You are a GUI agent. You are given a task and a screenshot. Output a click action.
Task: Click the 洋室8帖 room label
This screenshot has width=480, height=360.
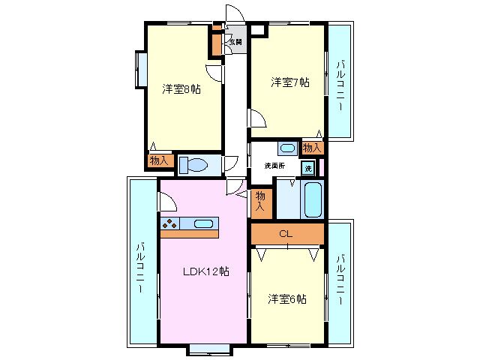(x=181, y=89)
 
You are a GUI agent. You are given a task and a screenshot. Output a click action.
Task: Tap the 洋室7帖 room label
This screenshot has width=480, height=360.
(x=289, y=82)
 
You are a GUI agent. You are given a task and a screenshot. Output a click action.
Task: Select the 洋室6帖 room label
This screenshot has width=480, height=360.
(x=287, y=299)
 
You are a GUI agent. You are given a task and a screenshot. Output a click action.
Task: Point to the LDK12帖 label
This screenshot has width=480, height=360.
(x=205, y=271)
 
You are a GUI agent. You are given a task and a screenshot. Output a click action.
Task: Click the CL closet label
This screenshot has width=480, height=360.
(x=285, y=233)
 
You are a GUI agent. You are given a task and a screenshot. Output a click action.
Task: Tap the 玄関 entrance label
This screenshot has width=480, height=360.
(x=235, y=42)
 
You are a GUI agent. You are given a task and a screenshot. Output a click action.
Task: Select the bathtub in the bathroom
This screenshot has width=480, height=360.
(x=312, y=199)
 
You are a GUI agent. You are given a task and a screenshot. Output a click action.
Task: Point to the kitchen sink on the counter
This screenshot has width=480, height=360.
(x=203, y=223)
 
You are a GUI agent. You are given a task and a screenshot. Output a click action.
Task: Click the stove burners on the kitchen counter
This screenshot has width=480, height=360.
(x=169, y=223)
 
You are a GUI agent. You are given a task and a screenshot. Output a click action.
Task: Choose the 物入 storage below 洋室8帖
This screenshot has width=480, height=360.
(x=158, y=160)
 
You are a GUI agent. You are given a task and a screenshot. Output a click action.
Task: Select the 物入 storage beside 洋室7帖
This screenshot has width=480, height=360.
(x=312, y=147)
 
